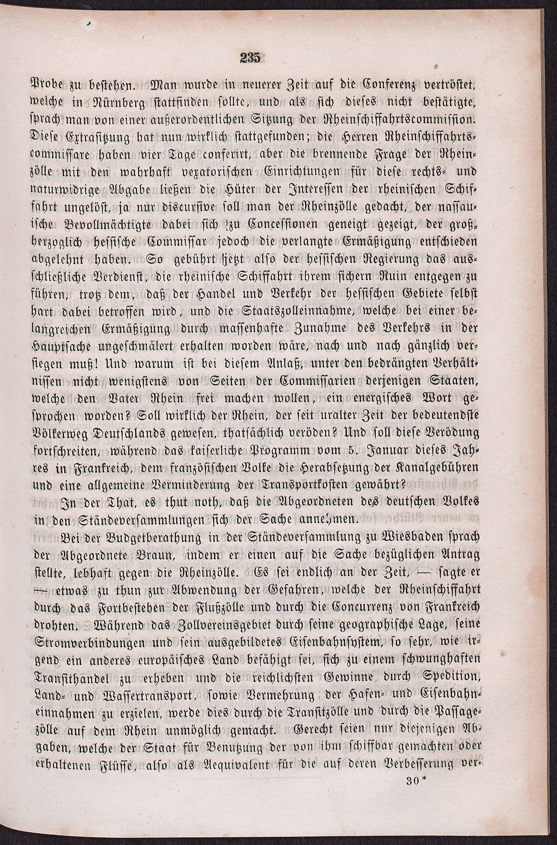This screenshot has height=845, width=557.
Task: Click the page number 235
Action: [x=250, y=58]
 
